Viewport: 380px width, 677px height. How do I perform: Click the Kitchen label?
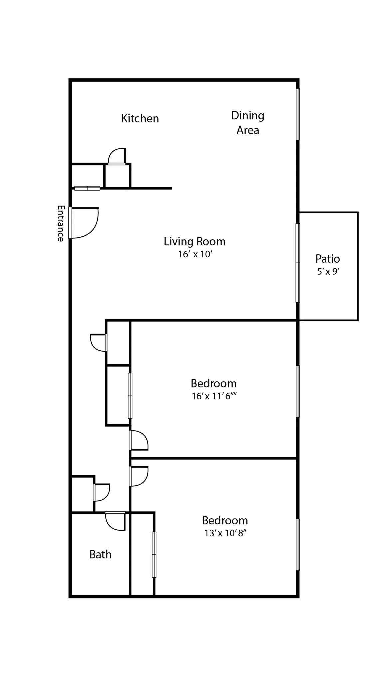pos(140,118)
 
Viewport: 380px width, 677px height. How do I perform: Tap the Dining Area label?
pos(248,123)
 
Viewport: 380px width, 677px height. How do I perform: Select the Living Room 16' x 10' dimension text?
pos(195,254)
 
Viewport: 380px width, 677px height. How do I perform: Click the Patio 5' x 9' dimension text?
pos(328,272)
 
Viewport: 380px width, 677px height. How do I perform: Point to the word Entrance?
pos(60,223)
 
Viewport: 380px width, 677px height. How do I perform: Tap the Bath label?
pos(100,554)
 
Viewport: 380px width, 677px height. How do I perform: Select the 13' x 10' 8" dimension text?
pos(225,533)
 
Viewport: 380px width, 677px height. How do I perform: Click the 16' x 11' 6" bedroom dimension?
pos(214,396)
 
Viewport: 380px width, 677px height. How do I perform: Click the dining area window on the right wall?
pos(298,114)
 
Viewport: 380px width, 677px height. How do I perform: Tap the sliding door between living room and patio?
pos(298,263)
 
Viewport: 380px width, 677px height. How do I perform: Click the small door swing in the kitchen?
pos(117,156)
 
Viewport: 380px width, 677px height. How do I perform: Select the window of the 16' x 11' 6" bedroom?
pos(298,391)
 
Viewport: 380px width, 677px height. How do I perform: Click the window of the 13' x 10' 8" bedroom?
pos(298,544)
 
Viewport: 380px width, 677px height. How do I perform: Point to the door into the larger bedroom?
pos(139,440)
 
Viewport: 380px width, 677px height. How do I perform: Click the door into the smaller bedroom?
pos(139,476)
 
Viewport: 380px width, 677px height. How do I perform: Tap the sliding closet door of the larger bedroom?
pos(130,396)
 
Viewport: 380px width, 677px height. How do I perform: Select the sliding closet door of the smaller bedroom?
pos(154,554)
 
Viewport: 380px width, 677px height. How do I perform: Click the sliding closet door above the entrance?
pos(87,188)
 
